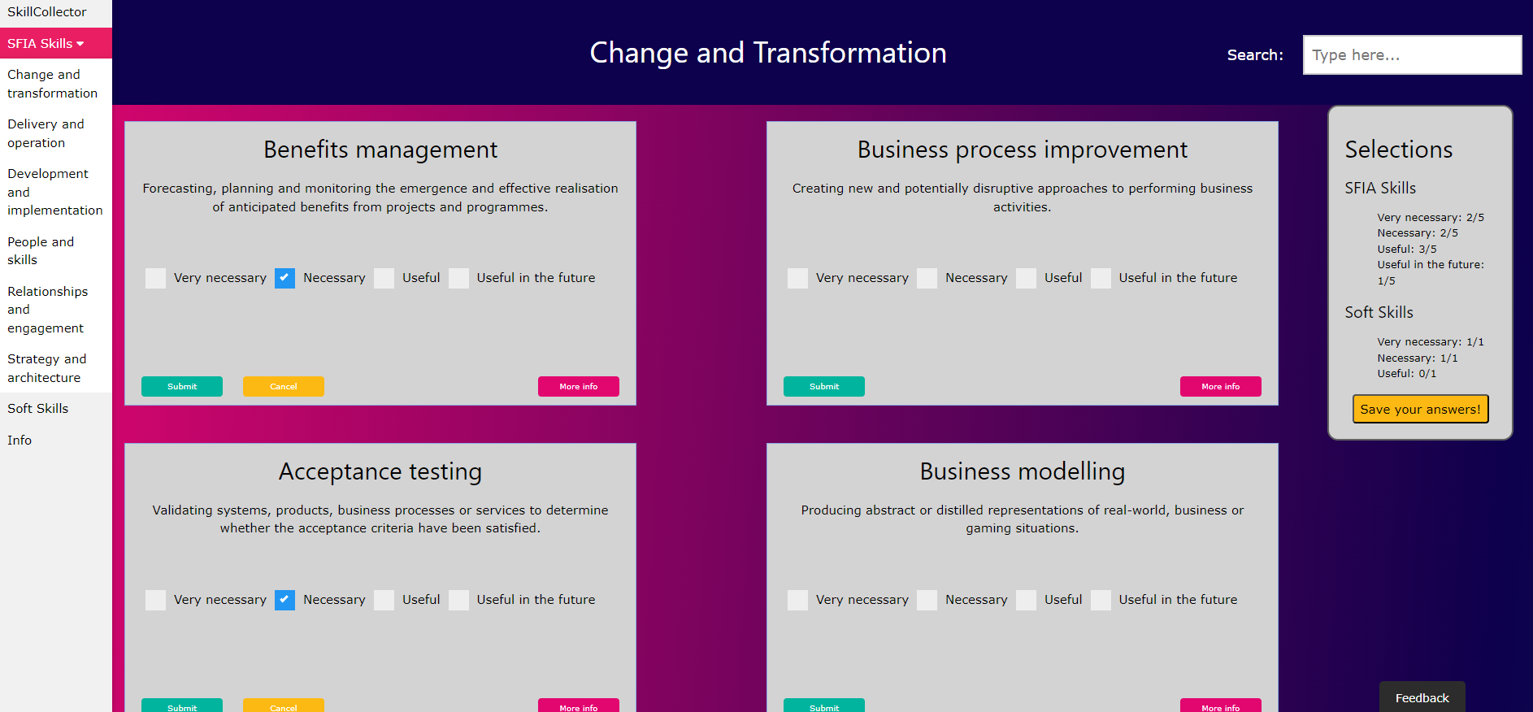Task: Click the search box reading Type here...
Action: point(1412,54)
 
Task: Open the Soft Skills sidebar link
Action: point(38,409)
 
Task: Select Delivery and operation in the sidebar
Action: point(46,133)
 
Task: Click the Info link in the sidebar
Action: point(20,441)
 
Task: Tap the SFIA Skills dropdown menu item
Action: point(46,43)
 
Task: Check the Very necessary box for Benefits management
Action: point(155,278)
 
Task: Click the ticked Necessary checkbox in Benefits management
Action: point(284,278)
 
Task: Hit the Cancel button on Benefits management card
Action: point(284,387)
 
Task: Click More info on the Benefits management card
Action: point(579,387)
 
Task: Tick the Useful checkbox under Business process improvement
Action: point(1026,278)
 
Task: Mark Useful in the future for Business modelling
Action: point(1101,600)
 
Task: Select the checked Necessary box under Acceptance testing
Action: point(284,600)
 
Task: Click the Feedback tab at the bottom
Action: point(1422,697)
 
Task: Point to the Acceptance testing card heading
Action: point(380,471)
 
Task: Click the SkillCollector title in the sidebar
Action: point(47,11)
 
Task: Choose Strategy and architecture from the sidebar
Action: point(47,368)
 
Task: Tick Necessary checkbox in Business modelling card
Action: point(927,600)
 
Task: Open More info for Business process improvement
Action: point(1221,387)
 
